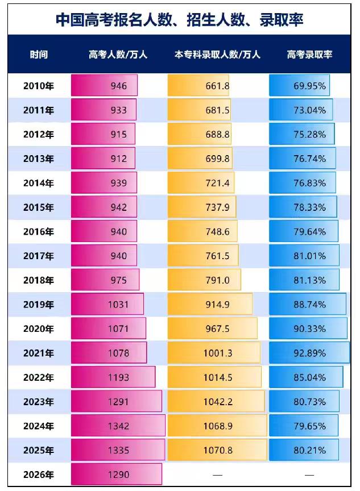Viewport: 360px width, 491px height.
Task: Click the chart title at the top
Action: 180,20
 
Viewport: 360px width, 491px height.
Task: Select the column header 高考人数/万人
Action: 118,55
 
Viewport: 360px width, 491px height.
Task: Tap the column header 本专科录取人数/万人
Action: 217,55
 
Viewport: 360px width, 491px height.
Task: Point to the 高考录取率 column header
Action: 309,55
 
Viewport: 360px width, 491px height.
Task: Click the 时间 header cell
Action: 39,55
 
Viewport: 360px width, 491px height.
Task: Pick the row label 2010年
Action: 39,86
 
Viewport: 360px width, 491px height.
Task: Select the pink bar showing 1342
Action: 118,426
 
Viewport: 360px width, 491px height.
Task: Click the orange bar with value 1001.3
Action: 214,353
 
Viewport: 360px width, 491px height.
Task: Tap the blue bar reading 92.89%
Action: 309,353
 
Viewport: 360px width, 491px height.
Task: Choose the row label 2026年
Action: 39,475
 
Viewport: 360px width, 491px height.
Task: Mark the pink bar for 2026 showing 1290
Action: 117,475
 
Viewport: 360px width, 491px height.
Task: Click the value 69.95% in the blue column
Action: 309,86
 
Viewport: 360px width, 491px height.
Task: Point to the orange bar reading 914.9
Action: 210,304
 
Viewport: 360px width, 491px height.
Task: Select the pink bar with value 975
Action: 105,280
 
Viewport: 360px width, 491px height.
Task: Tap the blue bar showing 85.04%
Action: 306,377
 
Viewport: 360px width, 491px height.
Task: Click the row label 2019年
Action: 39,305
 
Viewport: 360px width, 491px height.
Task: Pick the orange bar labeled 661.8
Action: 198,85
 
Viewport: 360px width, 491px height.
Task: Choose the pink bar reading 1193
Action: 113,377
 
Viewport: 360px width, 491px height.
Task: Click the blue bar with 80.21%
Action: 304,450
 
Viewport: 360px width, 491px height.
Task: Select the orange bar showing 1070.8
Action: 217,450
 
